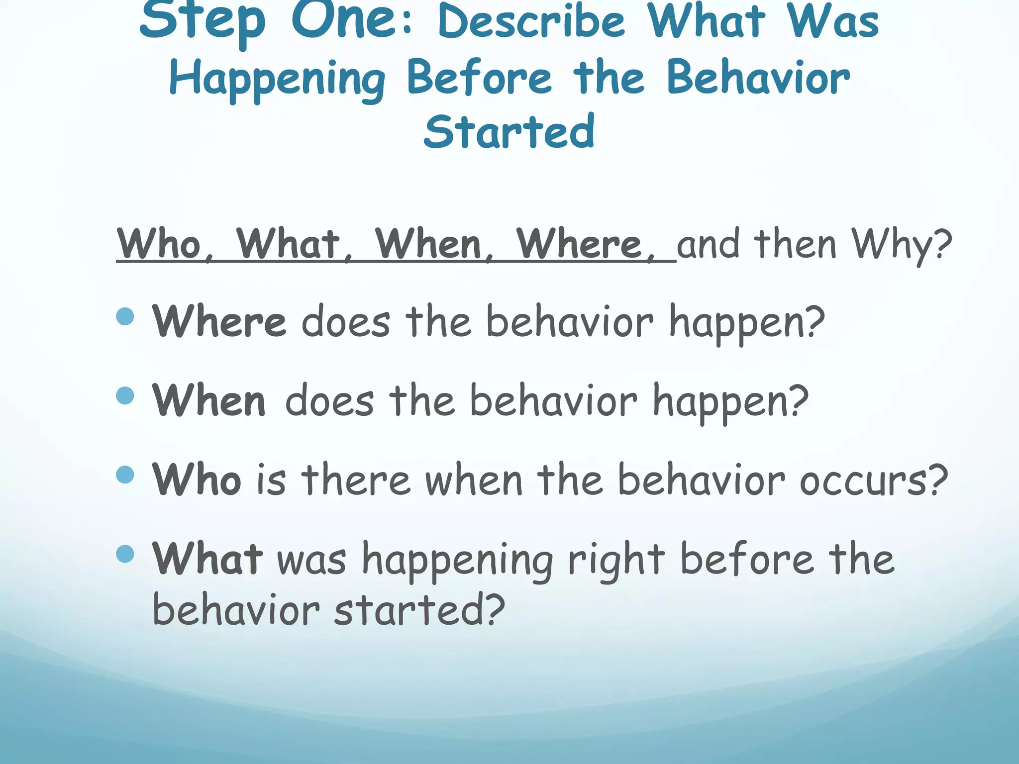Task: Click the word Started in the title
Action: pyautogui.click(x=509, y=131)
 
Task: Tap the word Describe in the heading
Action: pyautogui.click(x=531, y=22)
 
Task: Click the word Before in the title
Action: pyautogui.click(x=479, y=78)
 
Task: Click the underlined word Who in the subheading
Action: pyautogui.click(x=159, y=244)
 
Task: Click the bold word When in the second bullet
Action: pyautogui.click(x=209, y=401)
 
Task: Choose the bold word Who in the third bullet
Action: pyautogui.click(x=197, y=479)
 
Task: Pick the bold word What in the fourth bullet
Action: pyautogui.click(x=207, y=559)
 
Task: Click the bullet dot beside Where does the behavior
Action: pyautogui.click(x=125, y=316)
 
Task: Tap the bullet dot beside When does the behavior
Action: pyautogui.click(x=125, y=395)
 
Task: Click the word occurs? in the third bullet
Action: pyautogui.click(x=873, y=480)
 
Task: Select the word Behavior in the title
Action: pyautogui.click(x=758, y=78)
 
